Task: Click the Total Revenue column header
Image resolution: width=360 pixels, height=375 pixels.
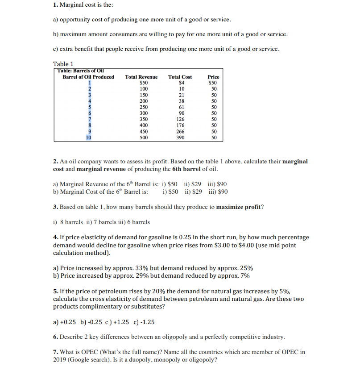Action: click(141, 77)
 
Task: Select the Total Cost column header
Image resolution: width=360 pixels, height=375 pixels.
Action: click(180, 77)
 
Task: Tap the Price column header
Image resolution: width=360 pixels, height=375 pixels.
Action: click(214, 77)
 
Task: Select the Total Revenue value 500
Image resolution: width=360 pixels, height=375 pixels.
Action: click(144, 138)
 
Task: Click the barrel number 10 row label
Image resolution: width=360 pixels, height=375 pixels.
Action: click(89, 138)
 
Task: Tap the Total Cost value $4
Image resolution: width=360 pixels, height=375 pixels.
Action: click(181, 83)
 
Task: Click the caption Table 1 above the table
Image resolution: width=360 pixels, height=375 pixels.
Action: click(63, 64)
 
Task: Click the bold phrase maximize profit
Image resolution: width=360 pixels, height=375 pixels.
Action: click(239, 207)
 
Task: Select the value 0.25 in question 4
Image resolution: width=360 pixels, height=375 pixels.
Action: click(184, 237)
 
